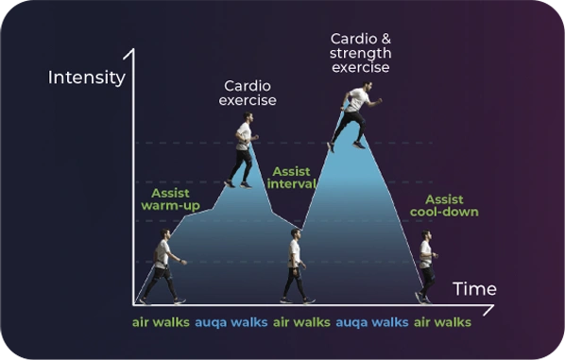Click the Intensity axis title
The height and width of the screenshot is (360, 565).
point(87,77)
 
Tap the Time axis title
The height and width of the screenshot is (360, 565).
point(474,289)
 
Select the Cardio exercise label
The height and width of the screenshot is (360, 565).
point(248,93)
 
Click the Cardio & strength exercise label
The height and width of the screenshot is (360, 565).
point(360,53)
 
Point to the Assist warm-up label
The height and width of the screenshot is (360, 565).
point(170,199)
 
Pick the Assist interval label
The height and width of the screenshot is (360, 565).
point(292,178)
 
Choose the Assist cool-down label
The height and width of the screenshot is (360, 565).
point(444,205)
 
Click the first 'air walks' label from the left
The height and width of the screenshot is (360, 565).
point(161,322)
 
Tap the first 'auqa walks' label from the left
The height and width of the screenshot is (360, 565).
point(231,322)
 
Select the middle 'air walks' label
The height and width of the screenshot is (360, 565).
point(301,322)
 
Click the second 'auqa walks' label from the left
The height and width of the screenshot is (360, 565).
point(372,322)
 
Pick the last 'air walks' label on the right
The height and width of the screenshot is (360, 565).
point(442,322)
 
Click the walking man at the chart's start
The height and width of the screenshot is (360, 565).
point(163,266)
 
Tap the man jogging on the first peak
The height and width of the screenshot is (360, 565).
point(243,149)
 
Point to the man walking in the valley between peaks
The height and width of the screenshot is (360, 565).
point(296,266)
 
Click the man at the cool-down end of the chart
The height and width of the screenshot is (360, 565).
point(427,266)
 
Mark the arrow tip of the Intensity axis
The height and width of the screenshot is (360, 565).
point(133,49)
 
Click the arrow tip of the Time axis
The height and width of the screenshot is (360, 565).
point(493,306)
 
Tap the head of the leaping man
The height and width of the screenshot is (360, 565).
point(367,87)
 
